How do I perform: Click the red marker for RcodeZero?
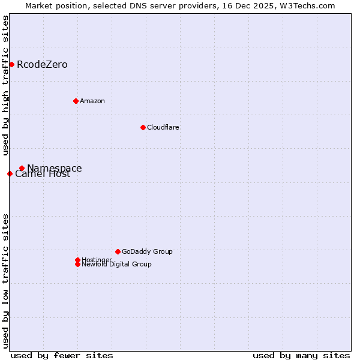tap(11, 64)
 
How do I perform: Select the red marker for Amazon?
tap(76, 101)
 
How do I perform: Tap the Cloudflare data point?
tap(143, 127)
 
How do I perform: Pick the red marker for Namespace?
tap(22, 168)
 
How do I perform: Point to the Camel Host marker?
tap(10, 173)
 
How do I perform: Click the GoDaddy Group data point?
tap(118, 251)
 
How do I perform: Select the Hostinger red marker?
tap(77, 260)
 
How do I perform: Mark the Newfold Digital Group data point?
tap(77, 264)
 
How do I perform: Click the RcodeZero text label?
tap(42, 65)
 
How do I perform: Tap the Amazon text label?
tap(92, 101)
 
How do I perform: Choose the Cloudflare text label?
tap(163, 127)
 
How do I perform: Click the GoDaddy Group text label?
tap(147, 251)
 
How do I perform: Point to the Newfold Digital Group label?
tap(116, 265)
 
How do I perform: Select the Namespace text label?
tap(55, 168)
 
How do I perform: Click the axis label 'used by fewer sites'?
tap(62, 355)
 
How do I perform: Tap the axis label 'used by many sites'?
tap(301, 355)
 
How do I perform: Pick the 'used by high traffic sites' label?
tap(6, 85)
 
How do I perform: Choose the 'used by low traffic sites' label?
tap(6, 280)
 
